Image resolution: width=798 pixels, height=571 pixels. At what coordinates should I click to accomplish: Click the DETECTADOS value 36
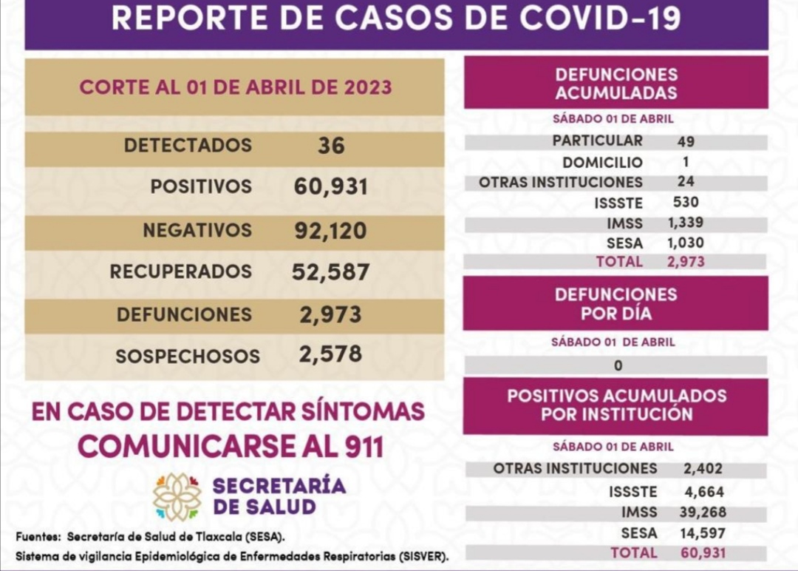coord(331,146)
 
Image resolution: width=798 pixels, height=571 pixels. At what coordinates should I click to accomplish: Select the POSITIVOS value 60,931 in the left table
coord(330,186)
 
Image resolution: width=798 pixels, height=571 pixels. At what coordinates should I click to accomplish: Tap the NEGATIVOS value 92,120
coord(330,231)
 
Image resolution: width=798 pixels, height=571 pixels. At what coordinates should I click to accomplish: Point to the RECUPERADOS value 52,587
coord(330,271)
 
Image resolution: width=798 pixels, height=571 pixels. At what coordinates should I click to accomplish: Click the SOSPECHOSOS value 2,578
coord(330,354)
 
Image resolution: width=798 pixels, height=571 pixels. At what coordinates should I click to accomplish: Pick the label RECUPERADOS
coord(180,271)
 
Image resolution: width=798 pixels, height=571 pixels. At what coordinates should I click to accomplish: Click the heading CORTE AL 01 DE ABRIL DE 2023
coord(235,87)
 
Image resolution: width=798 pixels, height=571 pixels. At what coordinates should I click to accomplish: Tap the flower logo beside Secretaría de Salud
coord(177,497)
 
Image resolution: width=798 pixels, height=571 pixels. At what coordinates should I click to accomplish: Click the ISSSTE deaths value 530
coord(686,201)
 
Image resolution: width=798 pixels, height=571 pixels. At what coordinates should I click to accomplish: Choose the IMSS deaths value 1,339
coord(687,222)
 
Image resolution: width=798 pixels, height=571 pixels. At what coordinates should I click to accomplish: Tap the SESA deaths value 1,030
coord(687,242)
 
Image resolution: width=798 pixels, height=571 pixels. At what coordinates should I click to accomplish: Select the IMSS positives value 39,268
coord(702,512)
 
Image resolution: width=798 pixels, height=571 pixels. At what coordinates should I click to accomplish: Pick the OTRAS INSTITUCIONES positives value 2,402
coord(703,468)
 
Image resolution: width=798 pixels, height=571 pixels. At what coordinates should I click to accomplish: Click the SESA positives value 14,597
coord(702,533)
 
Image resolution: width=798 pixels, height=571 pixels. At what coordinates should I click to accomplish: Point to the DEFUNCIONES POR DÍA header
coord(615,303)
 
